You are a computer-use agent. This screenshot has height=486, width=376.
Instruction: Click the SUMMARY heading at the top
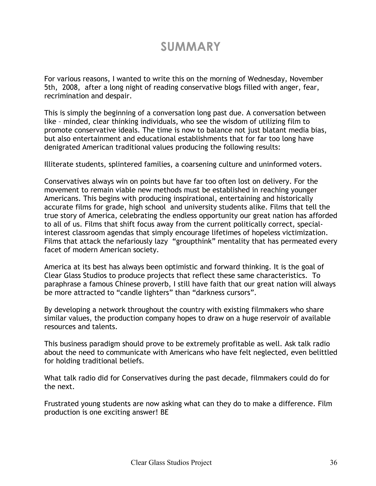pos(190,47)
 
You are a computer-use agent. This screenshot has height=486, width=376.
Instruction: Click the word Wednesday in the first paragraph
pos(267,79)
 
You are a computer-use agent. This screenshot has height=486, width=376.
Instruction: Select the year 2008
pos(68,88)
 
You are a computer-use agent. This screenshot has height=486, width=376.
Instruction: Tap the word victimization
pos(304,233)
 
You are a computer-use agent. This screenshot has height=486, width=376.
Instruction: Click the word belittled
pos(321,353)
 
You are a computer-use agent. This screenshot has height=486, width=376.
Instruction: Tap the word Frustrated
pos(62,404)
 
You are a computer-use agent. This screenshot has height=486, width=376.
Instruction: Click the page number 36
pos(333,462)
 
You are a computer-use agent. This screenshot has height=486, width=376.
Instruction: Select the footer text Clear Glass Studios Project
pos(171,462)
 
